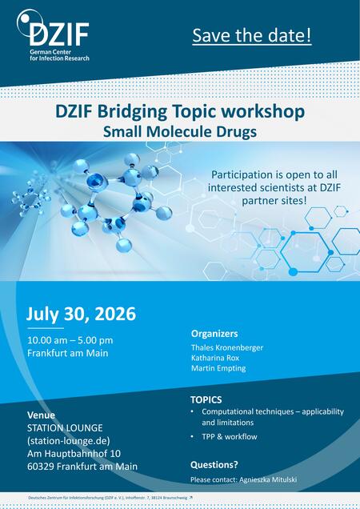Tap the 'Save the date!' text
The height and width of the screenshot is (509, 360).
pos(252,36)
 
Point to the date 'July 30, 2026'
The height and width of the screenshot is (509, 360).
pos(82,314)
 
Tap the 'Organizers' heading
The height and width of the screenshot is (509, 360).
pos(214,333)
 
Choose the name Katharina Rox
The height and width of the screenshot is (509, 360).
pos(215,358)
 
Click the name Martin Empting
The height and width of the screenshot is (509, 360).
pos(218,368)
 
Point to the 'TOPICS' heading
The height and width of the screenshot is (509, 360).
pos(206,399)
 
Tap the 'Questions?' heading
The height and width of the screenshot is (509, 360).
pos(214,464)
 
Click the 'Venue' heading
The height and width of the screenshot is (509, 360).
pos(42,415)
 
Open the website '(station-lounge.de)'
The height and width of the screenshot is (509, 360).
pos(69,441)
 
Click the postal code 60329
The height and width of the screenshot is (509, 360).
pos(43,467)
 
